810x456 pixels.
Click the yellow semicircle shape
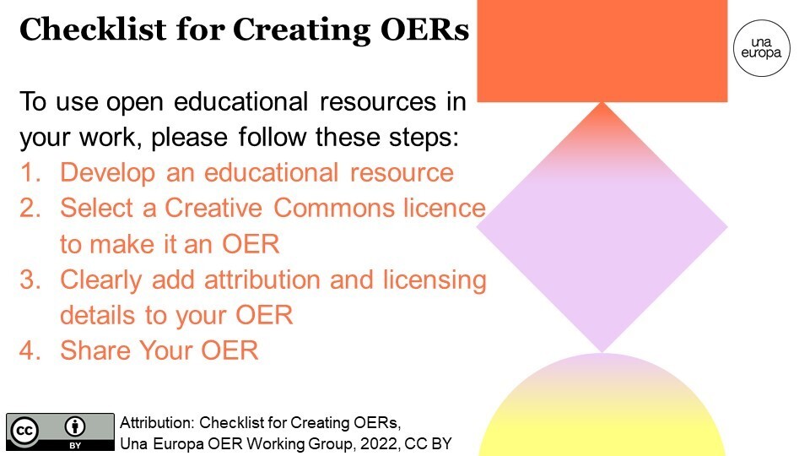(x=602, y=414)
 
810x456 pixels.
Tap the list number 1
(x=30, y=173)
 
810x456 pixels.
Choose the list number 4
(x=30, y=350)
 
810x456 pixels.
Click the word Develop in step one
(x=108, y=173)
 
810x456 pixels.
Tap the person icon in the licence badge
(x=75, y=426)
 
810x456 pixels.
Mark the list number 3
(x=30, y=280)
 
